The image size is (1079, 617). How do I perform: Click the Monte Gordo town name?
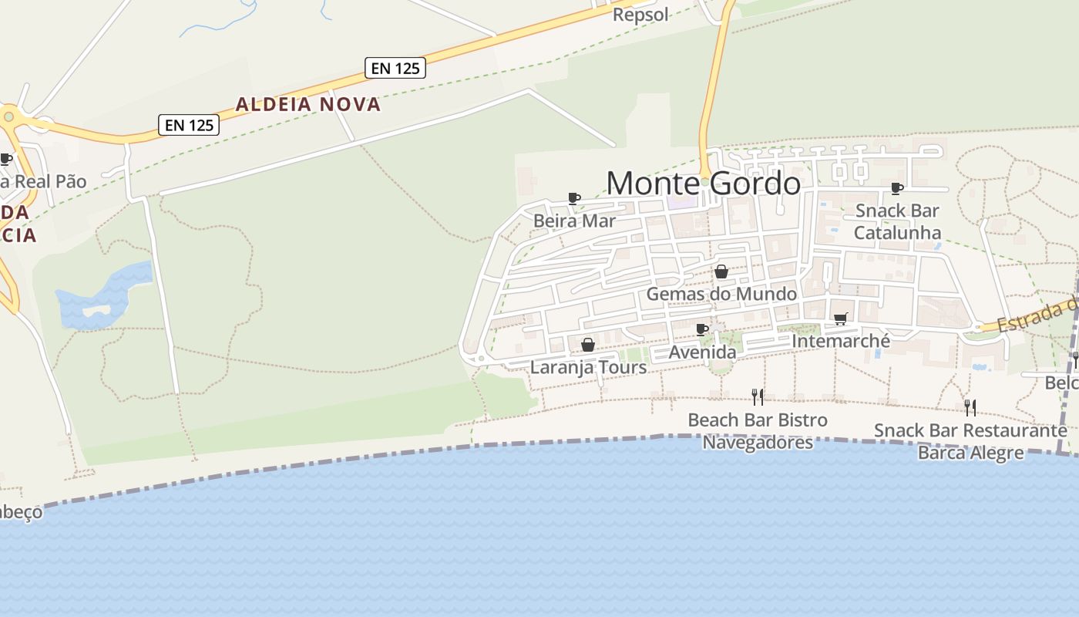[x=703, y=184]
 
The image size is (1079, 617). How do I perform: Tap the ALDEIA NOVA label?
[x=308, y=104]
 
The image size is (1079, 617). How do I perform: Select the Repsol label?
[x=640, y=15]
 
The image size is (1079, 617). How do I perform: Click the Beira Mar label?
[x=574, y=221]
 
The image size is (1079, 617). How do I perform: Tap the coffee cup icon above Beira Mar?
[x=573, y=198]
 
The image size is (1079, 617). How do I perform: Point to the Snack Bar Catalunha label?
[x=897, y=221]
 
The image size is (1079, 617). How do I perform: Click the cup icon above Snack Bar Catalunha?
[x=896, y=188]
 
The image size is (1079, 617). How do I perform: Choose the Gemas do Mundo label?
[x=721, y=294]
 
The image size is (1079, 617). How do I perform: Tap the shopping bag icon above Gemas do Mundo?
[x=721, y=271]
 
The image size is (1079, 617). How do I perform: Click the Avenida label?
[x=702, y=352]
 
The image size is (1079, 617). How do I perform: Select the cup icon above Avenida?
[x=701, y=329]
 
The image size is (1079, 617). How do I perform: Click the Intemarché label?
[x=840, y=341]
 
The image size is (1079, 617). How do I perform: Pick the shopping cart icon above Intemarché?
[x=840, y=319]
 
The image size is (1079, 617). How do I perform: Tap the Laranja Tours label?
[x=588, y=367]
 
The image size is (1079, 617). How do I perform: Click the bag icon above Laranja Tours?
[x=587, y=345]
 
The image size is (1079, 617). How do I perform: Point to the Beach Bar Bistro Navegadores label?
[x=758, y=431]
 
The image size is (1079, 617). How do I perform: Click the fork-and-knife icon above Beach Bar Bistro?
[x=758, y=396]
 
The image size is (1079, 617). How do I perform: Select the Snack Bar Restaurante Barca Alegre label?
[x=970, y=441]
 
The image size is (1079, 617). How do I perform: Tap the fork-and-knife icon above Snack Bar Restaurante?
[x=970, y=406]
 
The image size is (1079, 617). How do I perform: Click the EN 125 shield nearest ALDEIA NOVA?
[x=395, y=68]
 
